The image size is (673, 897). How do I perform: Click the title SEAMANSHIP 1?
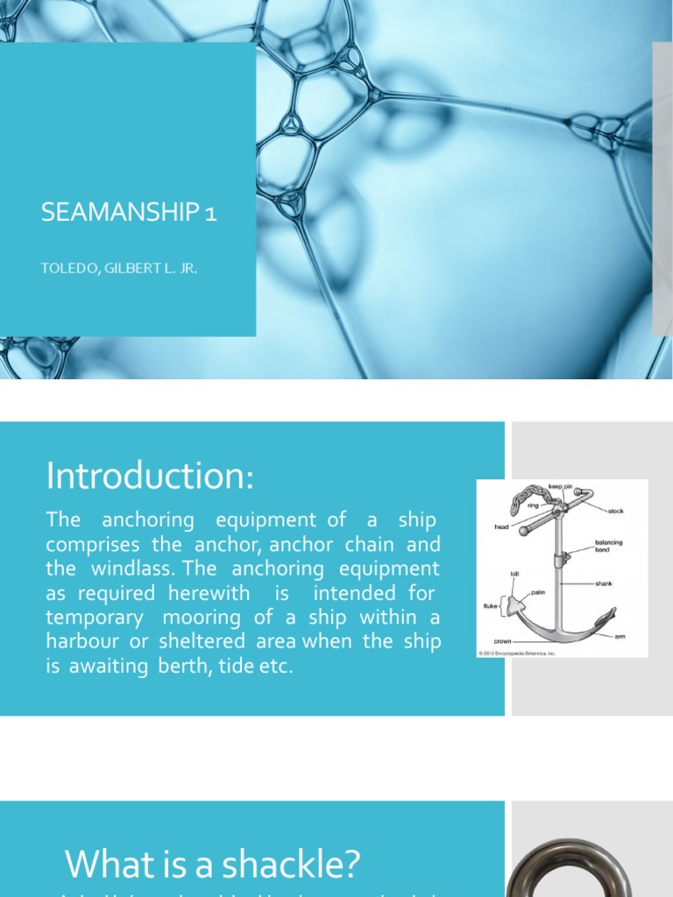(129, 213)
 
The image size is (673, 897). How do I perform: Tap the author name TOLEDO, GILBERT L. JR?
(119, 268)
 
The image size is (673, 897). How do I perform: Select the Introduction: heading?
(149, 477)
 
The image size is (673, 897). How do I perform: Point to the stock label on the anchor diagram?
(615, 511)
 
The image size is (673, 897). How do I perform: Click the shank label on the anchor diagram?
(604, 583)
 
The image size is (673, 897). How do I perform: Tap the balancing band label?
(608, 547)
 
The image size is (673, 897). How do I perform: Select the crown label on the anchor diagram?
(502, 642)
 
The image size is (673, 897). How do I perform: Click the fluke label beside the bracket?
(491, 606)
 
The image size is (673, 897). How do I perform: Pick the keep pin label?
(560, 485)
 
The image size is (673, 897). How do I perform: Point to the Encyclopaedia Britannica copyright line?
(517, 653)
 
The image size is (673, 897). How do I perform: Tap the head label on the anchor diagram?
(501, 527)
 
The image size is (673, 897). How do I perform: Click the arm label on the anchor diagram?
(620, 637)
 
